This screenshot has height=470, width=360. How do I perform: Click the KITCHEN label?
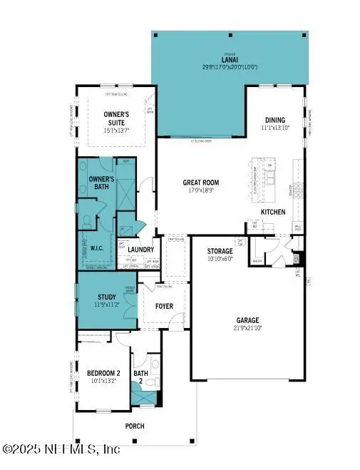tap(274, 213)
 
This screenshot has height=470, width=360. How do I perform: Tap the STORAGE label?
tap(220, 252)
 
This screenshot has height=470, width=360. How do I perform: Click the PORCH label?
tap(134, 426)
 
